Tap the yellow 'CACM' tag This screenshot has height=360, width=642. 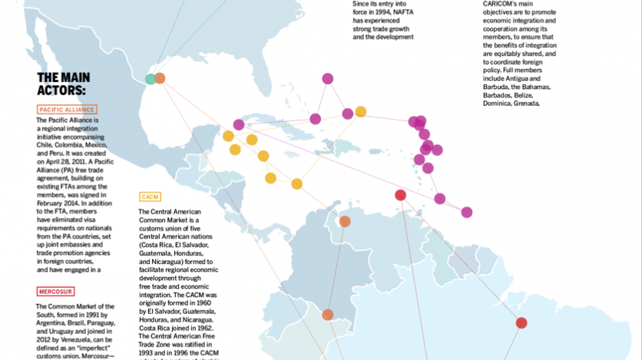(150, 197)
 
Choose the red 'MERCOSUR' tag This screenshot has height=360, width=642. (55, 292)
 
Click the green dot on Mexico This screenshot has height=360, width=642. (151, 78)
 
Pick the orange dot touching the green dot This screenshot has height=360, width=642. (160, 78)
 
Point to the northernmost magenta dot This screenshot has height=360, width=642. (328, 78)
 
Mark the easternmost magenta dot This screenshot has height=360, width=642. (467, 212)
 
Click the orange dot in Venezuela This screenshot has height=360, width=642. (345, 221)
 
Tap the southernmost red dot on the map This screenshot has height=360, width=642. (521, 323)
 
